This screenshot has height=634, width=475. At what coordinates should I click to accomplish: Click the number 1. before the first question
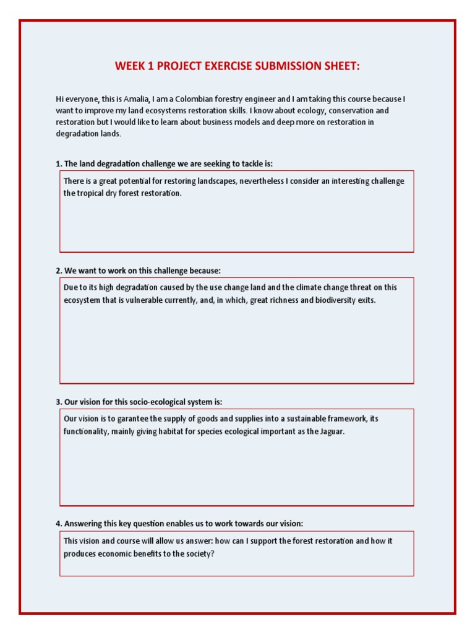coord(59,164)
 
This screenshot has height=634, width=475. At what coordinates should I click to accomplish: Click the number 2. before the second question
coord(59,271)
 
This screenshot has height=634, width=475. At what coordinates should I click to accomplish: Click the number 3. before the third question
coord(59,402)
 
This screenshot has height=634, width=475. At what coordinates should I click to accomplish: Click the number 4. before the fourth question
coord(59,524)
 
